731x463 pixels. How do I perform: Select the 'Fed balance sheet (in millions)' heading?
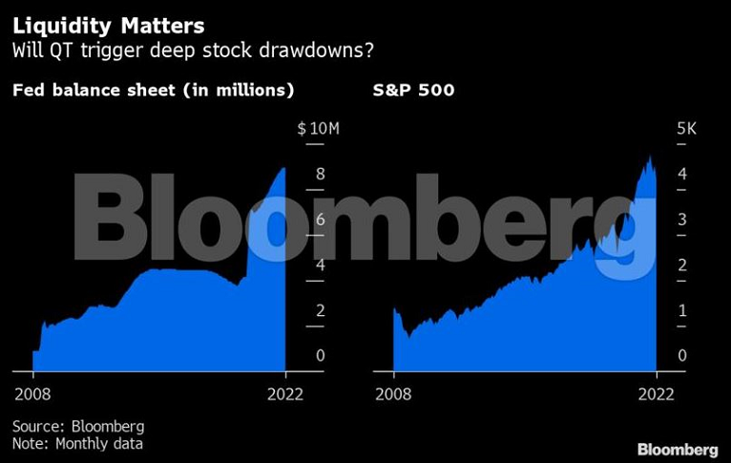pos(152,91)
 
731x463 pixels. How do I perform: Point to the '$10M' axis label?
pos(312,129)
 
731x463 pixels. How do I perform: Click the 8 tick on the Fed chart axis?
pos(321,174)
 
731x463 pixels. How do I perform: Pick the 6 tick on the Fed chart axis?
pos(321,220)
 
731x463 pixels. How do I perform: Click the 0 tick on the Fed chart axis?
pos(321,356)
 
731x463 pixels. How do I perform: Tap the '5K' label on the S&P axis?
pos(687,129)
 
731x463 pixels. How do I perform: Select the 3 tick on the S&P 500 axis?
pos(682,220)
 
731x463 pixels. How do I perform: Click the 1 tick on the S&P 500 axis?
pos(682,310)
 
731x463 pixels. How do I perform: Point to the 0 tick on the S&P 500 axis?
pos(682,356)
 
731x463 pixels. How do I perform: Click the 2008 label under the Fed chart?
pos(32,394)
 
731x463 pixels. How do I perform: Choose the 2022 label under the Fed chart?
pos(284,394)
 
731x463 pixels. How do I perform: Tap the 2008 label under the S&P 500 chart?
pos(393,394)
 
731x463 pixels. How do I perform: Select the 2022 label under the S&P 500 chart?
pos(656,394)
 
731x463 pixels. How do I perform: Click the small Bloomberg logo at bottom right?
pos(678,449)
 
